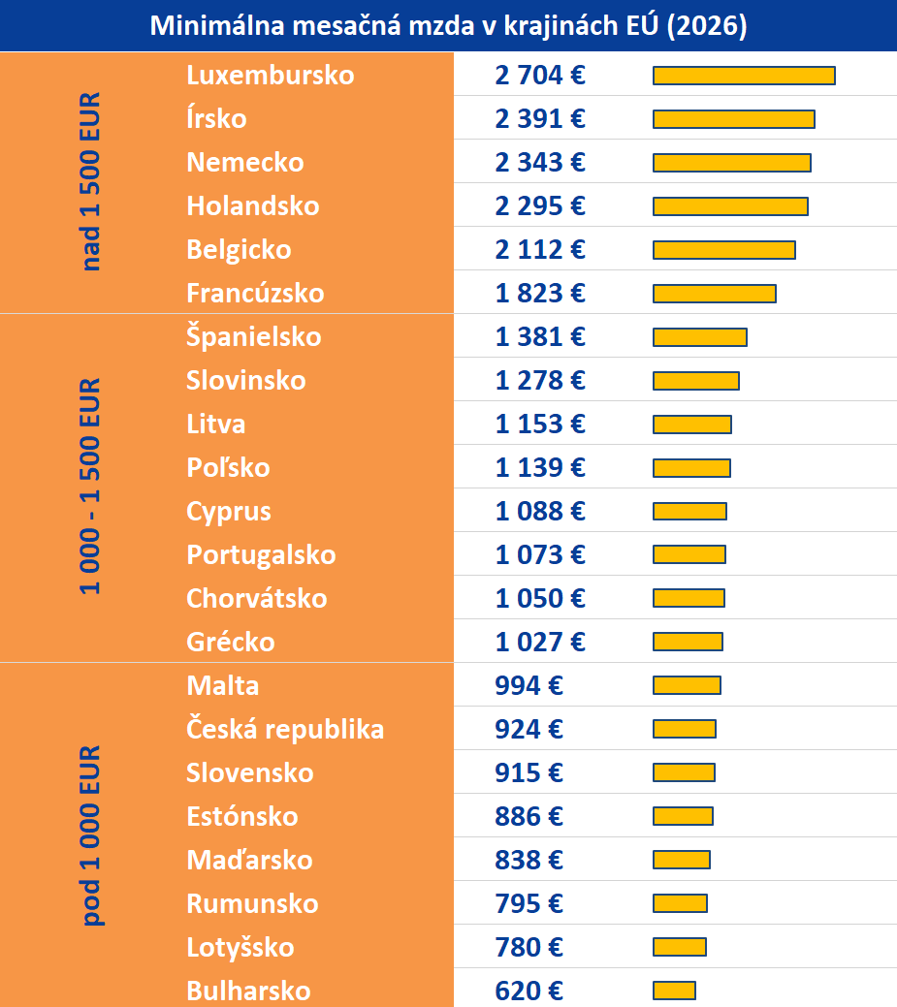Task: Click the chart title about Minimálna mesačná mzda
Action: click(448, 26)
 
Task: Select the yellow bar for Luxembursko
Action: click(744, 76)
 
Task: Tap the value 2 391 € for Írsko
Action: click(540, 119)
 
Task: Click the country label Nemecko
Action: click(245, 163)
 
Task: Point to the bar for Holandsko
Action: click(730, 206)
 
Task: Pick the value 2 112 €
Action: click(540, 250)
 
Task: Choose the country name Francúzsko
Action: click(255, 294)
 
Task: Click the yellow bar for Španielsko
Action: click(699, 337)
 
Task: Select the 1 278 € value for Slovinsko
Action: click(540, 381)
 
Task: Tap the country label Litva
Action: click(216, 425)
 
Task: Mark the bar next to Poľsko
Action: click(691, 468)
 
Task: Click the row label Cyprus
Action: click(229, 512)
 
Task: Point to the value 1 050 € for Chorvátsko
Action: click(540, 599)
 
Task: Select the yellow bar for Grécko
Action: click(688, 642)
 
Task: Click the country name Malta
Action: click(223, 686)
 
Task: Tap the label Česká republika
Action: click(285, 730)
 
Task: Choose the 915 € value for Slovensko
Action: click(529, 773)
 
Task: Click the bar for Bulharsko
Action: click(674, 991)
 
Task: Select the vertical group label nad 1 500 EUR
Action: click(91, 182)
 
